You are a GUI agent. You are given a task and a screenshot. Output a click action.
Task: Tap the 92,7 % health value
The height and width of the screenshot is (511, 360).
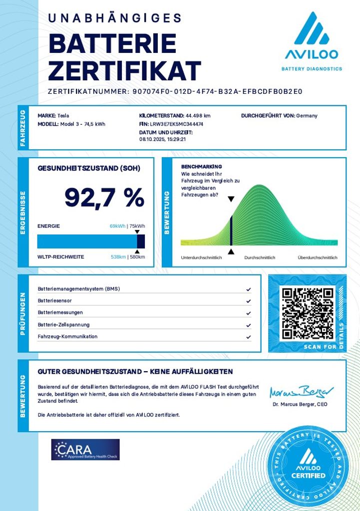(104, 198)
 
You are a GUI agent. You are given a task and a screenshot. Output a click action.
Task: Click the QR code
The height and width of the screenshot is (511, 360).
(307, 313)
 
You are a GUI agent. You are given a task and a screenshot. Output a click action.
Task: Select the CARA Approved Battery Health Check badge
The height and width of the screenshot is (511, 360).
(85, 449)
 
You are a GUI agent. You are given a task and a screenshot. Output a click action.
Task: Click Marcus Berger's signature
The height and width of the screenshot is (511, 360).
(302, 392)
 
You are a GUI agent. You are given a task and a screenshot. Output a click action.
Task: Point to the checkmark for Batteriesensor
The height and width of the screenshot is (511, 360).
(248, 301)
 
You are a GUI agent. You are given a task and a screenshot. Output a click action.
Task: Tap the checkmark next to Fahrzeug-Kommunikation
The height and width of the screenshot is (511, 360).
(248, 337)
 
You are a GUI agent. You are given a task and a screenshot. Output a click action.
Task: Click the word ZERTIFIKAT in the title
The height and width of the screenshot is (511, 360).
(124, 71)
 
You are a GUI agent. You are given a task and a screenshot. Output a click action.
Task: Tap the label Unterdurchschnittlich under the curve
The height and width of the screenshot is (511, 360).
(201, 257)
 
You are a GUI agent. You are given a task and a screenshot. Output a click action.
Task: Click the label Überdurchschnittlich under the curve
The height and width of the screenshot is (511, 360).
(318, 257)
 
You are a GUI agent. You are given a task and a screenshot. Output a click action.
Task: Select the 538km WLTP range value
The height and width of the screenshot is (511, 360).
(118, 257)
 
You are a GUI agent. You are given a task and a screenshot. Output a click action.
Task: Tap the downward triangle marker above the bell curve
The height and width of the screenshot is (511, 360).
(231, 199)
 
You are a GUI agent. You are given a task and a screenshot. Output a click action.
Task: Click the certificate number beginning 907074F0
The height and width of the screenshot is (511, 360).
(218, 92)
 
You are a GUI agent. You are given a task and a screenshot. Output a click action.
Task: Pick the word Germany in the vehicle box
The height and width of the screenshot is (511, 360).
(307, 116)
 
